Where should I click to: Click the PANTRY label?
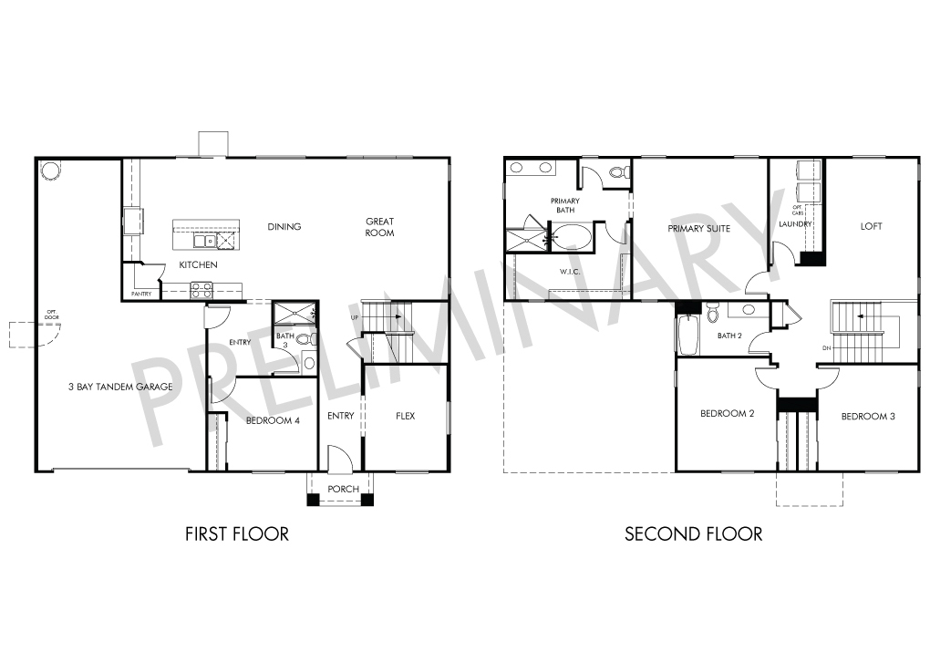coord(141,294)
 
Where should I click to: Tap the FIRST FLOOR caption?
coord(237,533)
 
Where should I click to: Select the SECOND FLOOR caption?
coord(693,533)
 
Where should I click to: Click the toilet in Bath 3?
coord(306,340)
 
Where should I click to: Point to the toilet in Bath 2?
coord(712,312)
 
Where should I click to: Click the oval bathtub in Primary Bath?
coord(573,237)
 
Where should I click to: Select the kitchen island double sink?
coord(204,240)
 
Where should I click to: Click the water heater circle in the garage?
coord(49,171)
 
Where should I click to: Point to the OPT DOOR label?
coord(52,315)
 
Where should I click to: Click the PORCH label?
coord(344,489)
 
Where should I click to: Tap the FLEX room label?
coord(406,416)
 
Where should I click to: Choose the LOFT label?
coord(872,226)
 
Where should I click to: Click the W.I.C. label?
coord(570,272)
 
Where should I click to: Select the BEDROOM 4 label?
coord(273,420)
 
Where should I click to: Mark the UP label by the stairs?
coord(355,318)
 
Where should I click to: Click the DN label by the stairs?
coord(827,348)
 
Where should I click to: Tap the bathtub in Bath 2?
coord(687,336)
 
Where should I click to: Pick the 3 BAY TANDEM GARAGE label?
coord(121,387)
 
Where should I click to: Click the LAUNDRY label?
coord(795,224)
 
